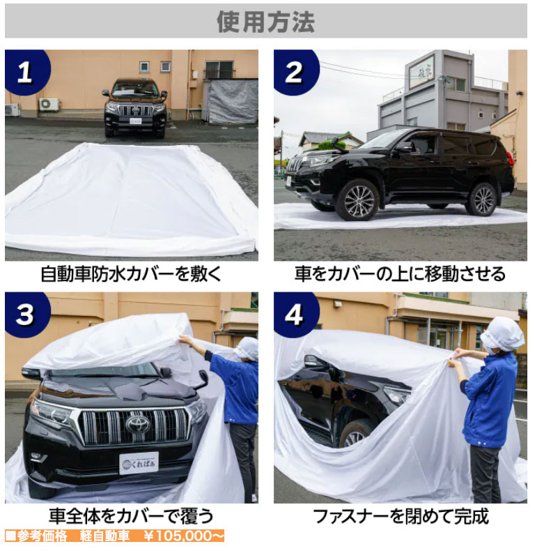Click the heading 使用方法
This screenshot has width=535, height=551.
[265, 22]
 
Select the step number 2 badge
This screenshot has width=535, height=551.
[295, 71]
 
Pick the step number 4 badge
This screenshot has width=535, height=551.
[295, 314]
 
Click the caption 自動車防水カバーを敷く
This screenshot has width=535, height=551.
[131, 274]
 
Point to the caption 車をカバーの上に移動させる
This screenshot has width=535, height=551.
[400, 274]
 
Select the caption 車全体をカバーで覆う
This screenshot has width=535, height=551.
[131, 516]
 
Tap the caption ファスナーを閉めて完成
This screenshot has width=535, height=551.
[401, 516]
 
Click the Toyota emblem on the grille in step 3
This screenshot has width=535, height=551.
[138, 425]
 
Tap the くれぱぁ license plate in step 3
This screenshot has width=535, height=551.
[139, 464]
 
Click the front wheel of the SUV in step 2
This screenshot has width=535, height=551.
[357, 200]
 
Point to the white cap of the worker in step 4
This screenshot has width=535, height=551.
[502, 333]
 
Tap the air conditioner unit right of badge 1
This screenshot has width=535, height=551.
[49, 104]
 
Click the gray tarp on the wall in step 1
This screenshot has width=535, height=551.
[231, 101]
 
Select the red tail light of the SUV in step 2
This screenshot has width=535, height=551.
[510, 159]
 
